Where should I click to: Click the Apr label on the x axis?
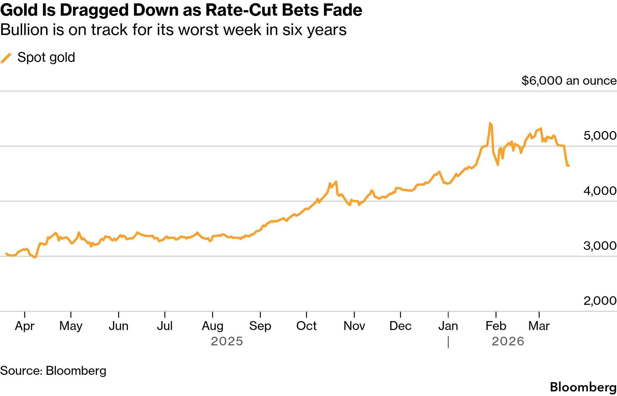tap(25, 326)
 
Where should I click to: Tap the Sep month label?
tap(260, 326)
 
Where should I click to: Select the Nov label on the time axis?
tap(354, 326)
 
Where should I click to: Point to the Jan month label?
tap(448, 326)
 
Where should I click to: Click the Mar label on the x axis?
tap(539, 326)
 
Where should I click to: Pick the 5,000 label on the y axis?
tap(600, 136)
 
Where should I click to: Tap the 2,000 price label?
tap(600, 301)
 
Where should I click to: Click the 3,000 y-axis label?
tap(600, 246)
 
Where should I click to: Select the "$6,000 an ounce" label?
tap(569, 81)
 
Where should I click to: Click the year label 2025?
tap(227, 341)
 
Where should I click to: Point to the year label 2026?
tap(508, 341)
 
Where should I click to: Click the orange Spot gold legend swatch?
tap(6, 58)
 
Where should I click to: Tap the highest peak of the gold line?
tap(490, 124)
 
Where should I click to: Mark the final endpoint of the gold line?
tap(568, 166)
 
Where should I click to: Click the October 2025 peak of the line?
tap(336, 182)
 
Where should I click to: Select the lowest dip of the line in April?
tap(35, 257)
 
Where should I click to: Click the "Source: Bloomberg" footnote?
tap(53, 371)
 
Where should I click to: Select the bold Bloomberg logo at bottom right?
tap(583, 387)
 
